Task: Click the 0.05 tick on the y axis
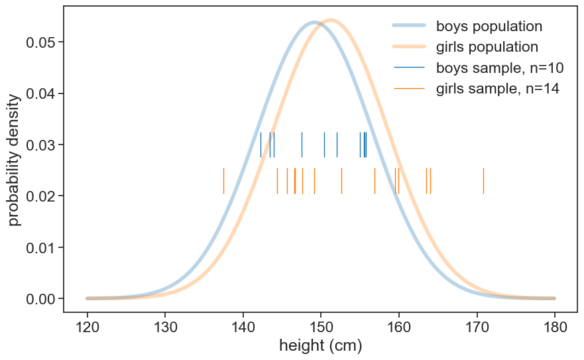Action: click(40, 42)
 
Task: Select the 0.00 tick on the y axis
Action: click(40, 299)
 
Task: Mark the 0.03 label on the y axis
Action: click(40, 145)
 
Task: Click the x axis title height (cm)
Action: click(321, 346)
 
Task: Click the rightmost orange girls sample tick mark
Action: click(483, 180)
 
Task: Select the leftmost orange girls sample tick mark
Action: click(223, 180)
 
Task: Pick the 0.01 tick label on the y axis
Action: click(40, 248)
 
